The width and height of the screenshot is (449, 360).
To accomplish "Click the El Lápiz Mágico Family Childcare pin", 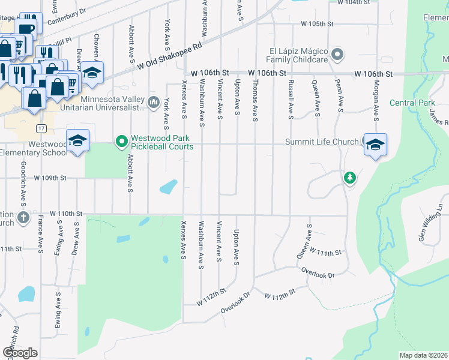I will click(x=337, y=55).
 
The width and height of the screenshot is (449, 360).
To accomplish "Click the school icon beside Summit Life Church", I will click(x=376, y=145).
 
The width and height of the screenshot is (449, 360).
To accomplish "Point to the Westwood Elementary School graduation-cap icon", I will click(x=77, y=141).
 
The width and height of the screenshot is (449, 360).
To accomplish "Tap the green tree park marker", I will click(x=350, y=178).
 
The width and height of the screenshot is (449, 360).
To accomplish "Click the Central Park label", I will click(x=412, y=103).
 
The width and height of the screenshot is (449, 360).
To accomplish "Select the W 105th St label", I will click(x=318, y=24).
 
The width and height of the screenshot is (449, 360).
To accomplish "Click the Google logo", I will click(x=20, y=352).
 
